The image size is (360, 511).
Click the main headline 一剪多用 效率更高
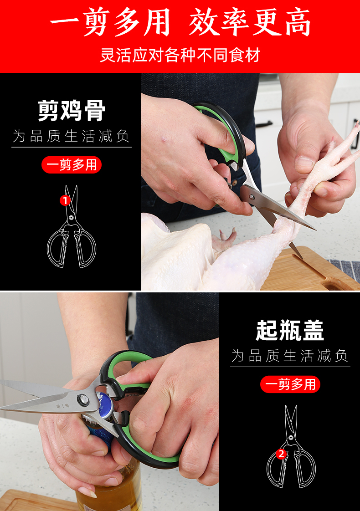click(x=180, y=22)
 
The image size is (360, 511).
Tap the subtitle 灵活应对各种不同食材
click(x=180, y=55)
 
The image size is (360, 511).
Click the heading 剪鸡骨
click(x=72, y=111)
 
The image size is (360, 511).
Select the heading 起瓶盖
click(x=290, y=330)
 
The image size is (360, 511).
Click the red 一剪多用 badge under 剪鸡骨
click(x=72, y=164)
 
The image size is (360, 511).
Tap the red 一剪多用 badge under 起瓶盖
click(x=290, y=384)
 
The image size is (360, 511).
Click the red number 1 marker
click(x=65, y=200)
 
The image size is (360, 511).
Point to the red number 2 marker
click(x=282, y=454)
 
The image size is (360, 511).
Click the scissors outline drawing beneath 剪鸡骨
click(x=72, y=226)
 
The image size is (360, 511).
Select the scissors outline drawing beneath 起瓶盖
click(x=291, y=446)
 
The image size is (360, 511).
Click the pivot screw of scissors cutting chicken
click(x=252, y=197)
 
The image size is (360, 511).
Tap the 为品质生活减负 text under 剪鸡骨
click(x=72, y=136)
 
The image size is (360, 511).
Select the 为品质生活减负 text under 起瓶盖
click(x=290, y=356)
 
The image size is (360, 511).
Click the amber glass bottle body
click(x=109, y=489)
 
